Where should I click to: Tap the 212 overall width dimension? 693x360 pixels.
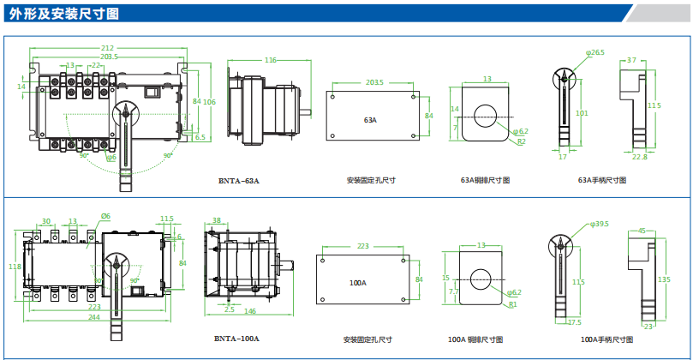[x=107, y=48]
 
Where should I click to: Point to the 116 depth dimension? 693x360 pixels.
[x=270, y=60]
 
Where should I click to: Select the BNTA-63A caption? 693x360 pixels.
[x=239, y=181]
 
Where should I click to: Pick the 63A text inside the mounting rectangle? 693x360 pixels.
[x=371, y=121]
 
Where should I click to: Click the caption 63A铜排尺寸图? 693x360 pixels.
[x=486, y=181]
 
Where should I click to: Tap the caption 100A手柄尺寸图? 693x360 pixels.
[x=605, y=339]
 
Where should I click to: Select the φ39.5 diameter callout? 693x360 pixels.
[x=599, y=225]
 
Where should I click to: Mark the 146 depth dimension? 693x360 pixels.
[x=251, y=312]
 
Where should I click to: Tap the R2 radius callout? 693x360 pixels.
[x=522, y=141]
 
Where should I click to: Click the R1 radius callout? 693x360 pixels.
[x=512, y=304]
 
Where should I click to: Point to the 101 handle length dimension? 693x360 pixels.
[x=582, y=112]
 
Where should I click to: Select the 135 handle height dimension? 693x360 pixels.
[x=664, y=279]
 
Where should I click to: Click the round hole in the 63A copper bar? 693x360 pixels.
[x=487, y=113]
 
